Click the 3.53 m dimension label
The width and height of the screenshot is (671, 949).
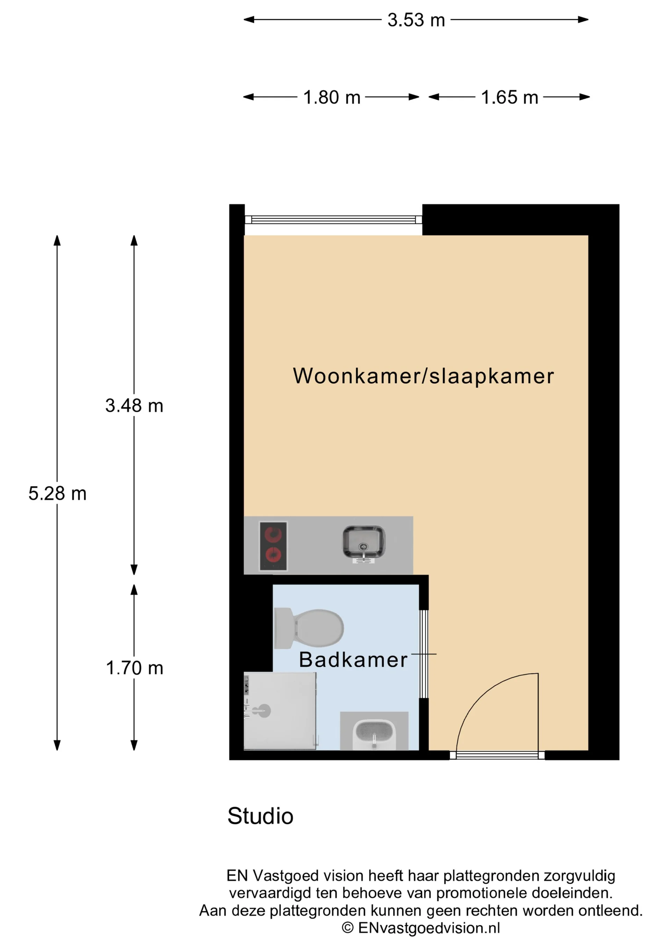[416, 20]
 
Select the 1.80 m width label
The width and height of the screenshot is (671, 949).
[332, 98]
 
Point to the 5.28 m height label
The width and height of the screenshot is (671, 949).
[57, 493]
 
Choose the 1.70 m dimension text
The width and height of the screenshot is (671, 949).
[134, 668]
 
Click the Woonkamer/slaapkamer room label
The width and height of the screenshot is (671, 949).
[423, 376]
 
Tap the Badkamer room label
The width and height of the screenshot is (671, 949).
[353, 660]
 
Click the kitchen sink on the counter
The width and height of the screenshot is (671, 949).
[363, 542]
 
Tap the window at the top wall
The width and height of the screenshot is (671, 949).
[333, 219]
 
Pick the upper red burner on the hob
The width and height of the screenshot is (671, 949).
[273, 534]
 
